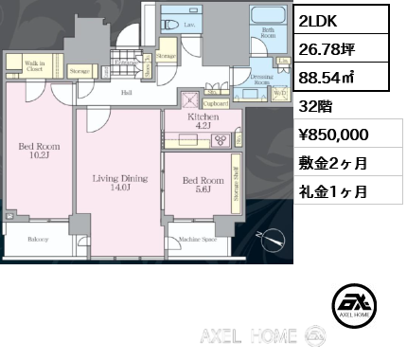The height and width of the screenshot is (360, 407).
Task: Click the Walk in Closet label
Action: tap(34, 66)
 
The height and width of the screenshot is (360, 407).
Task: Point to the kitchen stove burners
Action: tap(221, 140)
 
